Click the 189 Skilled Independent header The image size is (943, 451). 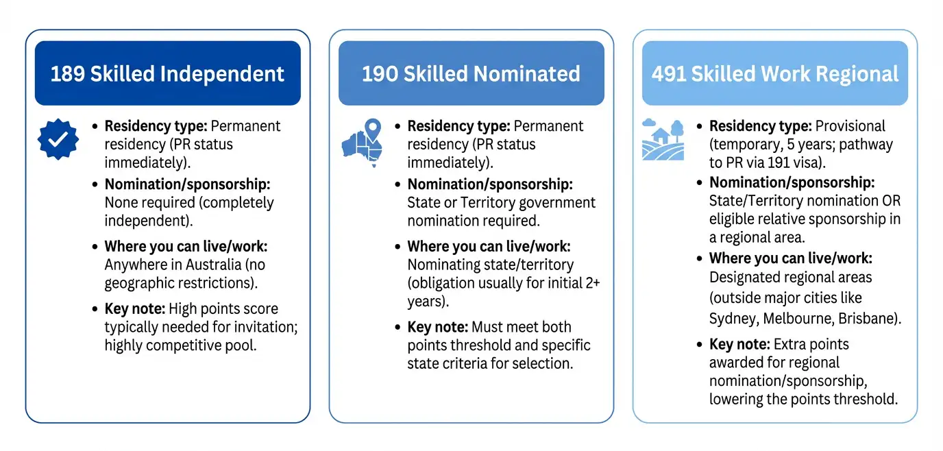[x=167, y=73]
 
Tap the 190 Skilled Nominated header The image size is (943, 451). [x=471, y=73]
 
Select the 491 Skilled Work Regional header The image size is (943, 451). [x=774, y=73]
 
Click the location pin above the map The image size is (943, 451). [x=372, y=128]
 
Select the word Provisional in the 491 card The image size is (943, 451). [x=850, y=126]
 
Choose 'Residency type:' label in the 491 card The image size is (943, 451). [x=760, y=126]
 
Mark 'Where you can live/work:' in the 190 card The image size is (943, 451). [x=489, y=246]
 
